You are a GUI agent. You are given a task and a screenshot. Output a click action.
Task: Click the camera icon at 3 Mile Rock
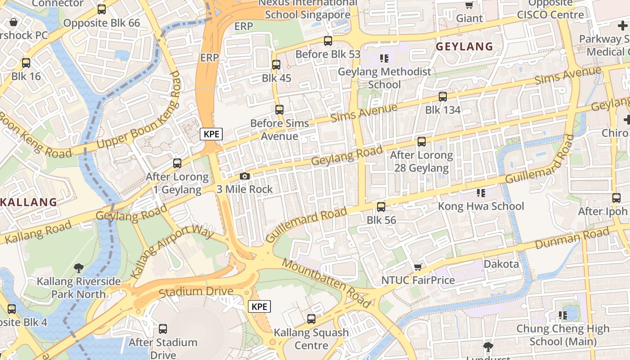point(244,176)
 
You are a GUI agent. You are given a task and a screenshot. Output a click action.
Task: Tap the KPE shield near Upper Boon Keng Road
point(211,134)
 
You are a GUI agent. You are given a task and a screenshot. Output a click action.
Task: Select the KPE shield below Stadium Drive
point(259,307)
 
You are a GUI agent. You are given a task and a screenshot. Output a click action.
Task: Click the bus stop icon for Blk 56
point(381,207)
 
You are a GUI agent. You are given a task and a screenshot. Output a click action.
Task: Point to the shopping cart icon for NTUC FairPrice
point(418,267)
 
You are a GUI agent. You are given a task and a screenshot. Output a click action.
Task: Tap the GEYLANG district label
point(464,46)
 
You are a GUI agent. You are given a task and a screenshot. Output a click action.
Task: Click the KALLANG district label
point(29,202)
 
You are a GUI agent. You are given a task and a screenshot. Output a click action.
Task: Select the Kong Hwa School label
point(481,207)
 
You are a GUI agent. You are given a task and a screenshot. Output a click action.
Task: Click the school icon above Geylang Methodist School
point(384,58)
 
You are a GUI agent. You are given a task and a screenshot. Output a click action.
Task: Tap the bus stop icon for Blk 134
point(443,97)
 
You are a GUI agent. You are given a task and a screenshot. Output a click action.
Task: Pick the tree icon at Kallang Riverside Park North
point(79,269)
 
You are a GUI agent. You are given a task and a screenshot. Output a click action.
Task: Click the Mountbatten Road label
point(327,282)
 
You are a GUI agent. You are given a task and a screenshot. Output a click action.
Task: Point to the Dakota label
point(501,264)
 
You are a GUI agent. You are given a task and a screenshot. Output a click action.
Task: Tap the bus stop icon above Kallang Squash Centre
point(311,319)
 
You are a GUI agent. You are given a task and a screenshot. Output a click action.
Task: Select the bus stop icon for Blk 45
point(276,65)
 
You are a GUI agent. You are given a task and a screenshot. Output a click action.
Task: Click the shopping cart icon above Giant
point(469,5)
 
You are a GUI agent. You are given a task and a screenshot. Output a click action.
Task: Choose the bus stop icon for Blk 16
point(26,63)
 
